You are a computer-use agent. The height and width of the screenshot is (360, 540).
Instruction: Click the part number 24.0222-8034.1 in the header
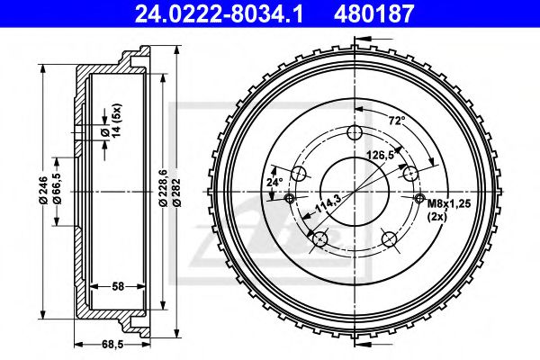(x=219, y=14)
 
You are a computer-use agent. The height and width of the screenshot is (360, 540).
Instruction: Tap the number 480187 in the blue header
(x=373, y=14)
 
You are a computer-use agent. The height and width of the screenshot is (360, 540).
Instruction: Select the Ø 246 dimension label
(x=43, y=191)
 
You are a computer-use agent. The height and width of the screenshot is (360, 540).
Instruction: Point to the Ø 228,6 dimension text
(x=163, y=188)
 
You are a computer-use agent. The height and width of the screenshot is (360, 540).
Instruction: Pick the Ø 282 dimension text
(x=177, y=193)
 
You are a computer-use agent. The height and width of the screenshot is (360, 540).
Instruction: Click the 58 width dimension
(x=118, y=286)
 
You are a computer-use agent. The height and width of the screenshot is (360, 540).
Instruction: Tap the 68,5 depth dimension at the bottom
(x=113, y=344)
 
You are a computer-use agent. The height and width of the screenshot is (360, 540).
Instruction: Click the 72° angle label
(x=397, y=121)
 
